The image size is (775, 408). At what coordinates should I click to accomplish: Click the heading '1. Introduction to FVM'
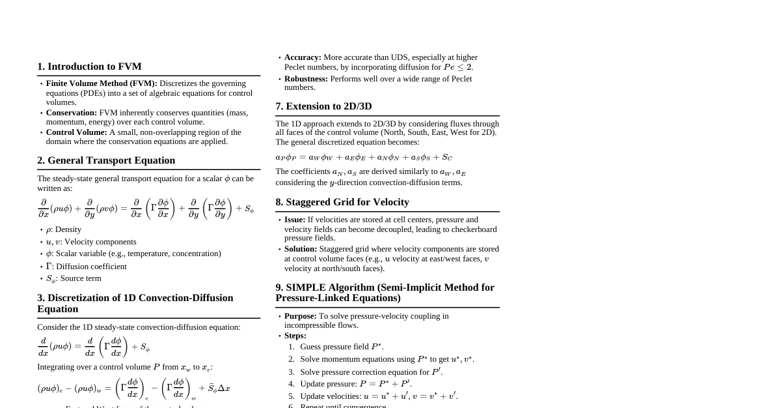tap(89, 66)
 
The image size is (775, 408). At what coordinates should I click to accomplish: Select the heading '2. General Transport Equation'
tap(106, 160)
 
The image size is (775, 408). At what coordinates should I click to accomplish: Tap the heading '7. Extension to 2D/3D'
tap(323, 106)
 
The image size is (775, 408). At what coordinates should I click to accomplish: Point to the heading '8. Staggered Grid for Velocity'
tap(342, 202)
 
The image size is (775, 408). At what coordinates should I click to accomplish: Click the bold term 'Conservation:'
tap(72, 113)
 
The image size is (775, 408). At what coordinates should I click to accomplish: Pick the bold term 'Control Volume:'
tap(76, 132)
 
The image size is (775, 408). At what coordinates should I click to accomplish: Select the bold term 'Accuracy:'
tap(303, 57)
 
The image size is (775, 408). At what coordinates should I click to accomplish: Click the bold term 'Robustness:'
tap(306, 79)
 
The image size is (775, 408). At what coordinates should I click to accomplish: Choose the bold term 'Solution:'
tap(301, 249)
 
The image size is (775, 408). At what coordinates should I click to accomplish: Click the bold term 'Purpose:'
tap(301, 316)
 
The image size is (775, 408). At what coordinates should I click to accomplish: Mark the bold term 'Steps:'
tap(295, 336)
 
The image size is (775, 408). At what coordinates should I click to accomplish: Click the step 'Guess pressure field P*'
tap(342, 347)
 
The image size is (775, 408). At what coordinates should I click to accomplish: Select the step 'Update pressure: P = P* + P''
tap(356, 384)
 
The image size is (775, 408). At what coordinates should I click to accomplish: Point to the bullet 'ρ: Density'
tap(64, 229)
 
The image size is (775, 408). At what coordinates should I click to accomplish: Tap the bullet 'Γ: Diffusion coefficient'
tap(86, 267)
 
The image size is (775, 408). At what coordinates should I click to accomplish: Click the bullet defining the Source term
tap(74, 278)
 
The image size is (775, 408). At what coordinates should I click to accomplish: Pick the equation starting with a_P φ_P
tap(364, 157)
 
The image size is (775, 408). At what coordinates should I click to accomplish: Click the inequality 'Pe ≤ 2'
tap(458, 67)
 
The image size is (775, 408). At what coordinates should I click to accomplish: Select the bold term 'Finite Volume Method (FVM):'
tap(102, 83)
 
